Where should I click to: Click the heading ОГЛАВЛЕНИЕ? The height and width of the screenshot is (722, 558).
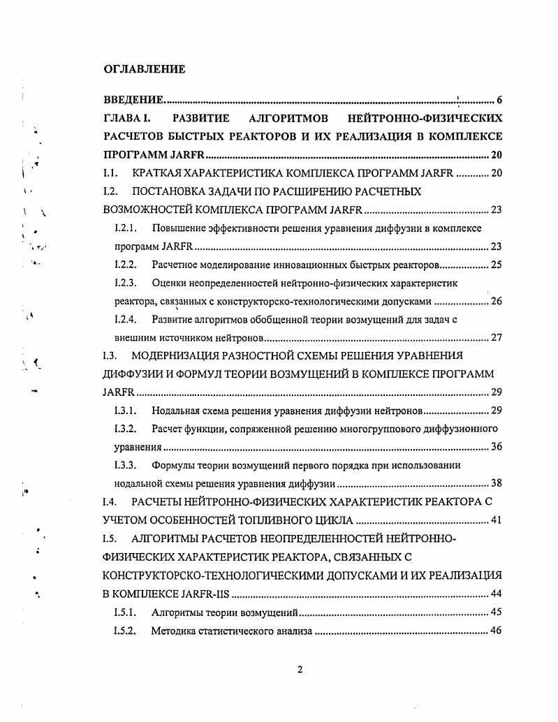[x=145, y=69]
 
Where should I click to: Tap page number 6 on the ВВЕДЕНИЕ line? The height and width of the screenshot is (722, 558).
[x=499, y=99]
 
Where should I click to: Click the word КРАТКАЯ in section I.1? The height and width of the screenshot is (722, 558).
[x=156, y=172]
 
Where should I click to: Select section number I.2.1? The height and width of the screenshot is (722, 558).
[x=126, y=228]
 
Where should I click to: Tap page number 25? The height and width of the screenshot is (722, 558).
[x=496, y=265]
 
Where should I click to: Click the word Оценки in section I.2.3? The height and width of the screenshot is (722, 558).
[x=168, y=283]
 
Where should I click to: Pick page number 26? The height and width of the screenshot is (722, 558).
[x=496, y=301]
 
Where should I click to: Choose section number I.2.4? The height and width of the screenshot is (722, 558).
[x=126, y=319]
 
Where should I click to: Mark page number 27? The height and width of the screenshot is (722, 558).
[x=496, y=337]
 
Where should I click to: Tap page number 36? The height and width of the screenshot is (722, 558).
[x=496, y=446]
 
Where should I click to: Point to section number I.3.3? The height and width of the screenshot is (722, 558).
[x=126, y=464]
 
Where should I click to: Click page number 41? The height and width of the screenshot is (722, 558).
[x=496, y=520]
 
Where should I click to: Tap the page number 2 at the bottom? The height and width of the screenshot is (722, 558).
[x=300, y=670]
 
